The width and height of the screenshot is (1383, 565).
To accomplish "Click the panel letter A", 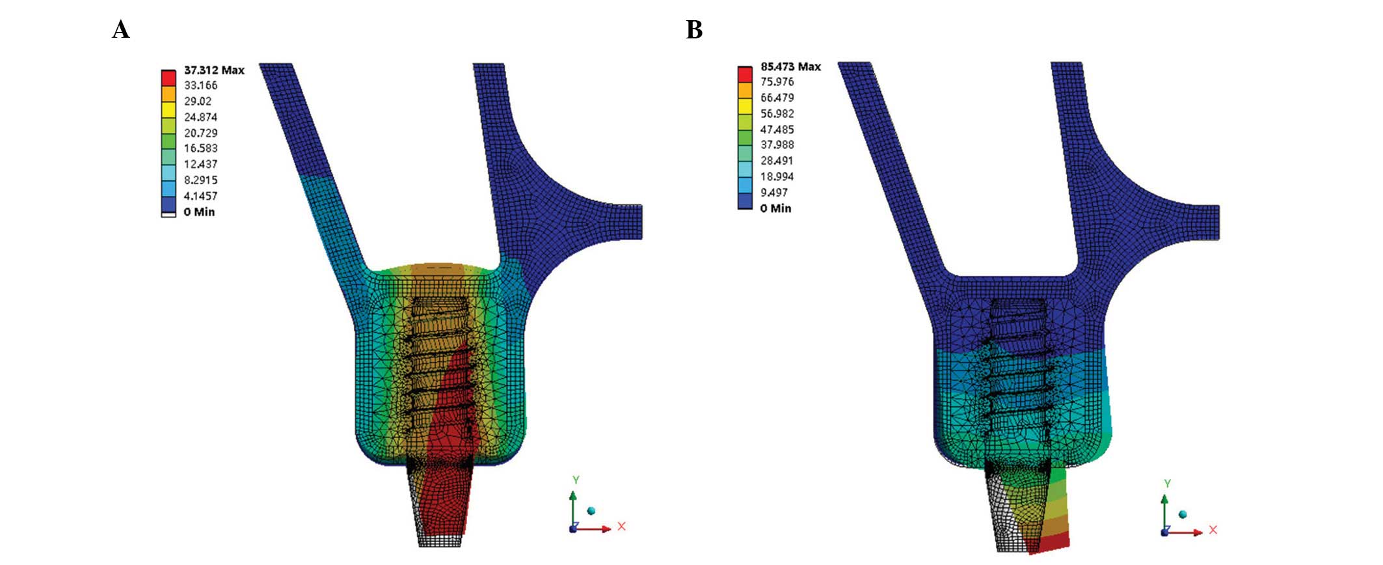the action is pyautogui.click(x=121, y=30).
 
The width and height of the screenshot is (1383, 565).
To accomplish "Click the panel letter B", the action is pyautogui.click(x=694, y=30).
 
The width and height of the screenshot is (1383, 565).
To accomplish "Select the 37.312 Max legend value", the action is pyautogui.click(x=214, y=70).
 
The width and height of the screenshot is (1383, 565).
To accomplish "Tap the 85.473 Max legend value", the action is pyautogui.click(x=790, y=66).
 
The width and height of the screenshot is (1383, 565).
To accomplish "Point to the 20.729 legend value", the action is pyautogui.click(x=200, y=133).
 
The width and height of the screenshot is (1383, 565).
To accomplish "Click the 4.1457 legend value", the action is pyautogui.click(x=200, y=196).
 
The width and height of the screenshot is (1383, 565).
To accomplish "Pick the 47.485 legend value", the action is pyautogui.click(x=777, y=130).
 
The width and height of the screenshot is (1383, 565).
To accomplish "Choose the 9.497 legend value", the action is pyautogui.click(x=773, y=193).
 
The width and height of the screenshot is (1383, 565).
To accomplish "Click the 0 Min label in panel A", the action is pyautogui.click(x=199, y=212).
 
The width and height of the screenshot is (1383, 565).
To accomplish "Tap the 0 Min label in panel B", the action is pyautogui.click(x=775, y=208).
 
